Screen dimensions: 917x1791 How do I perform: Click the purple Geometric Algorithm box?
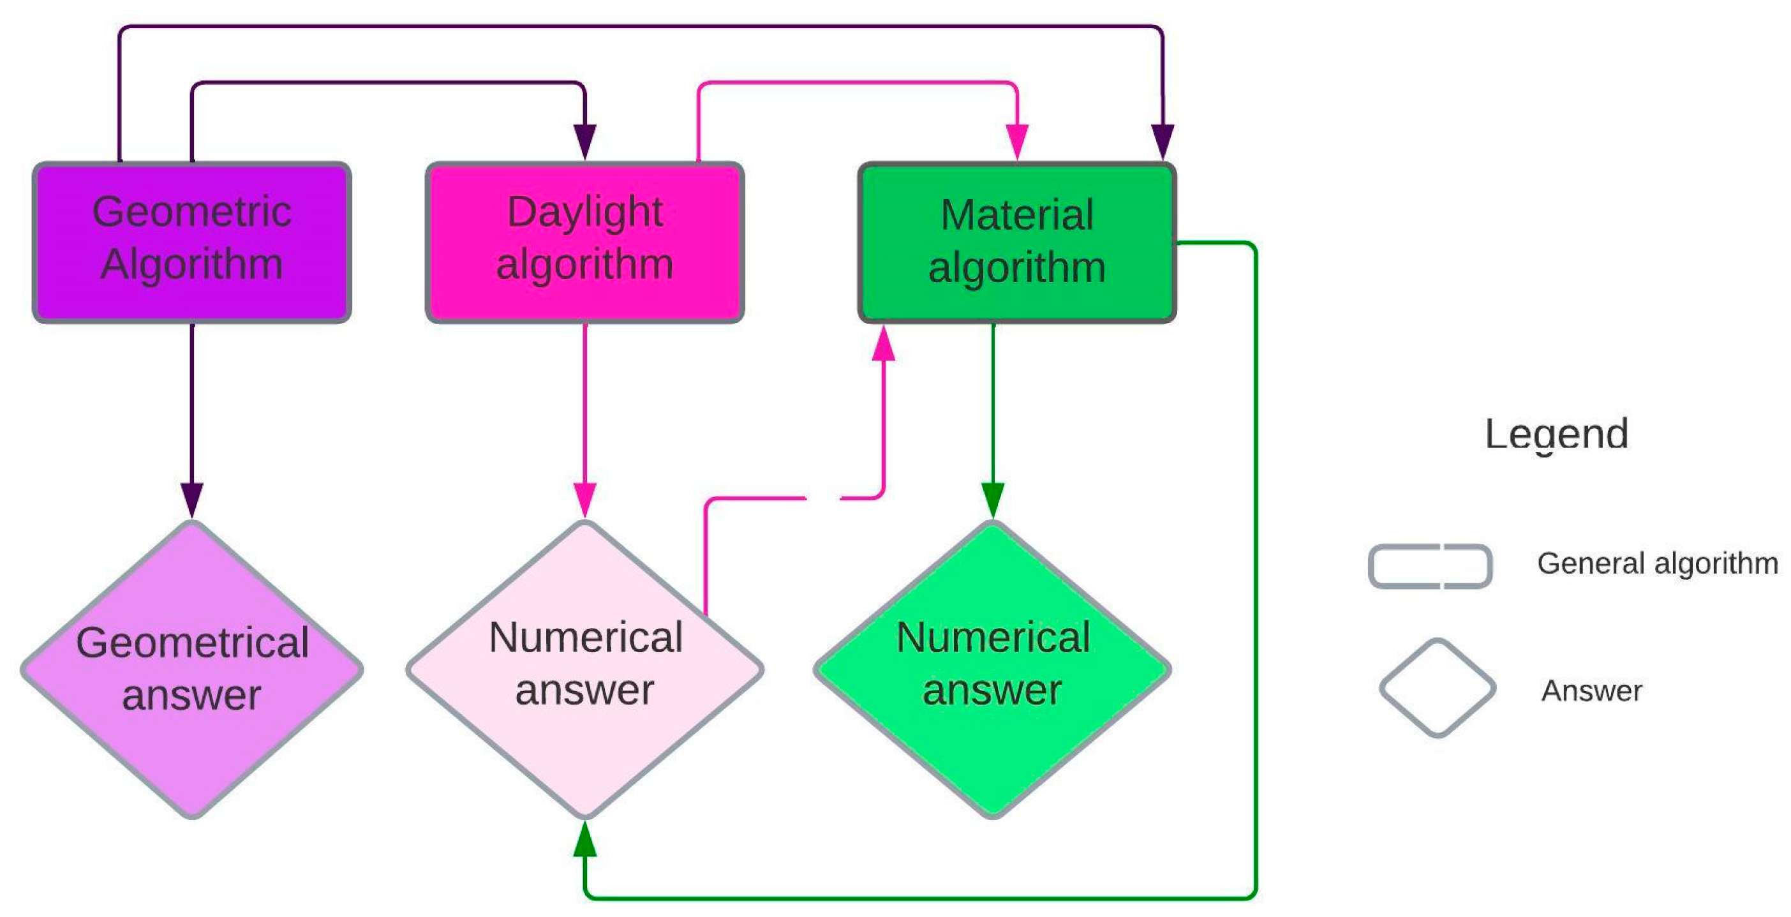click(x=192, y=242)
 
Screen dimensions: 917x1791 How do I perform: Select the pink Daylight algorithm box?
click(x=584, y=242)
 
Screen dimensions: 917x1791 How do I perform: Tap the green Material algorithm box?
click(x=1016, y=242)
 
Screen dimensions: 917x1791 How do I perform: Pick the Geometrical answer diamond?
click(x=192, y=669)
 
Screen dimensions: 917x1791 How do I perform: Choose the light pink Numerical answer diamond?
click(x=584, y=669)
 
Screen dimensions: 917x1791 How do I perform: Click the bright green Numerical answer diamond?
click(x=992, y=669)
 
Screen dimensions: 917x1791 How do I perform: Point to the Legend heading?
click(x=1556, y=435)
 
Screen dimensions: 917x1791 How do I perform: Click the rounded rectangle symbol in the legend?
click(x=1430, y=566)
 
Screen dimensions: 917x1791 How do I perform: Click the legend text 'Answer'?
click(x=1591, y=691)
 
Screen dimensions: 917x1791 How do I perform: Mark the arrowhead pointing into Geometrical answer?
click(x=192, y=499)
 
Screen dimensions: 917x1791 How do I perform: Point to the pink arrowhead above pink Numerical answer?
click(x=584, y=499)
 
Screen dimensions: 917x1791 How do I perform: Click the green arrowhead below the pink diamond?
click(x=584, y=839)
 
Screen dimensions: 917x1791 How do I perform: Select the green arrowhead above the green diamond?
click(x=992, y=499)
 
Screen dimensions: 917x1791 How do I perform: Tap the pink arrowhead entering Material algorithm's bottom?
click(x=883, y=344)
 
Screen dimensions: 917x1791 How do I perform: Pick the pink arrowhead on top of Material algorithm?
click(x=1016, y=141)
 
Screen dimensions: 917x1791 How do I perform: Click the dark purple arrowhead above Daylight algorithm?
click(x=584, y=141)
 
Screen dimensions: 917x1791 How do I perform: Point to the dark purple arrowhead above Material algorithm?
click(x=1163, y=141)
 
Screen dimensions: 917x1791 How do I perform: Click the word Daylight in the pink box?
click(x=584, y=212)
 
